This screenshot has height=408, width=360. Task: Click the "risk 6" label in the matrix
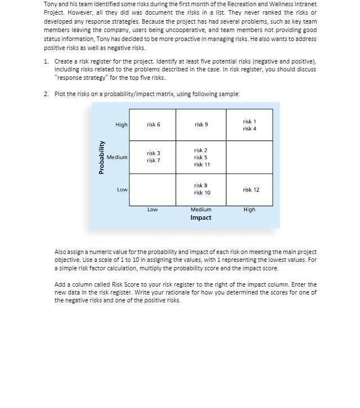[154, 125]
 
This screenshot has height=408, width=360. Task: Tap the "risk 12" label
[251, 189]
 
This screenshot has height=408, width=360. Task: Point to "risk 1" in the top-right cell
[250, 121]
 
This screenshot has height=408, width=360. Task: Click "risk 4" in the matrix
[250, 129]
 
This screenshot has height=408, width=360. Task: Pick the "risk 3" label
[154, 153]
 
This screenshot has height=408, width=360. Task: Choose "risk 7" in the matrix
[154, 161]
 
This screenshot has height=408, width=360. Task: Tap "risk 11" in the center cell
[202, 165]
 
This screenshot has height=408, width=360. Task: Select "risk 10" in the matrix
[202, 193]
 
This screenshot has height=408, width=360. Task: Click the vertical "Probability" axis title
[102, 157]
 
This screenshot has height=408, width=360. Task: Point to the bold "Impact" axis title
[201, 217]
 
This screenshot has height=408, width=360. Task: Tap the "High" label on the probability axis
[121, 125]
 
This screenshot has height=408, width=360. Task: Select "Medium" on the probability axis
[118, 157]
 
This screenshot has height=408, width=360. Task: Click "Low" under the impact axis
[152, 210]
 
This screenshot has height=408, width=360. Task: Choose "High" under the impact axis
[249, 210]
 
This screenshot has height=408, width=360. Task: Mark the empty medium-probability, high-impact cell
[250, 157]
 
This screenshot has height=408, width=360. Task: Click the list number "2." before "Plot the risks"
[46, 94]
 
